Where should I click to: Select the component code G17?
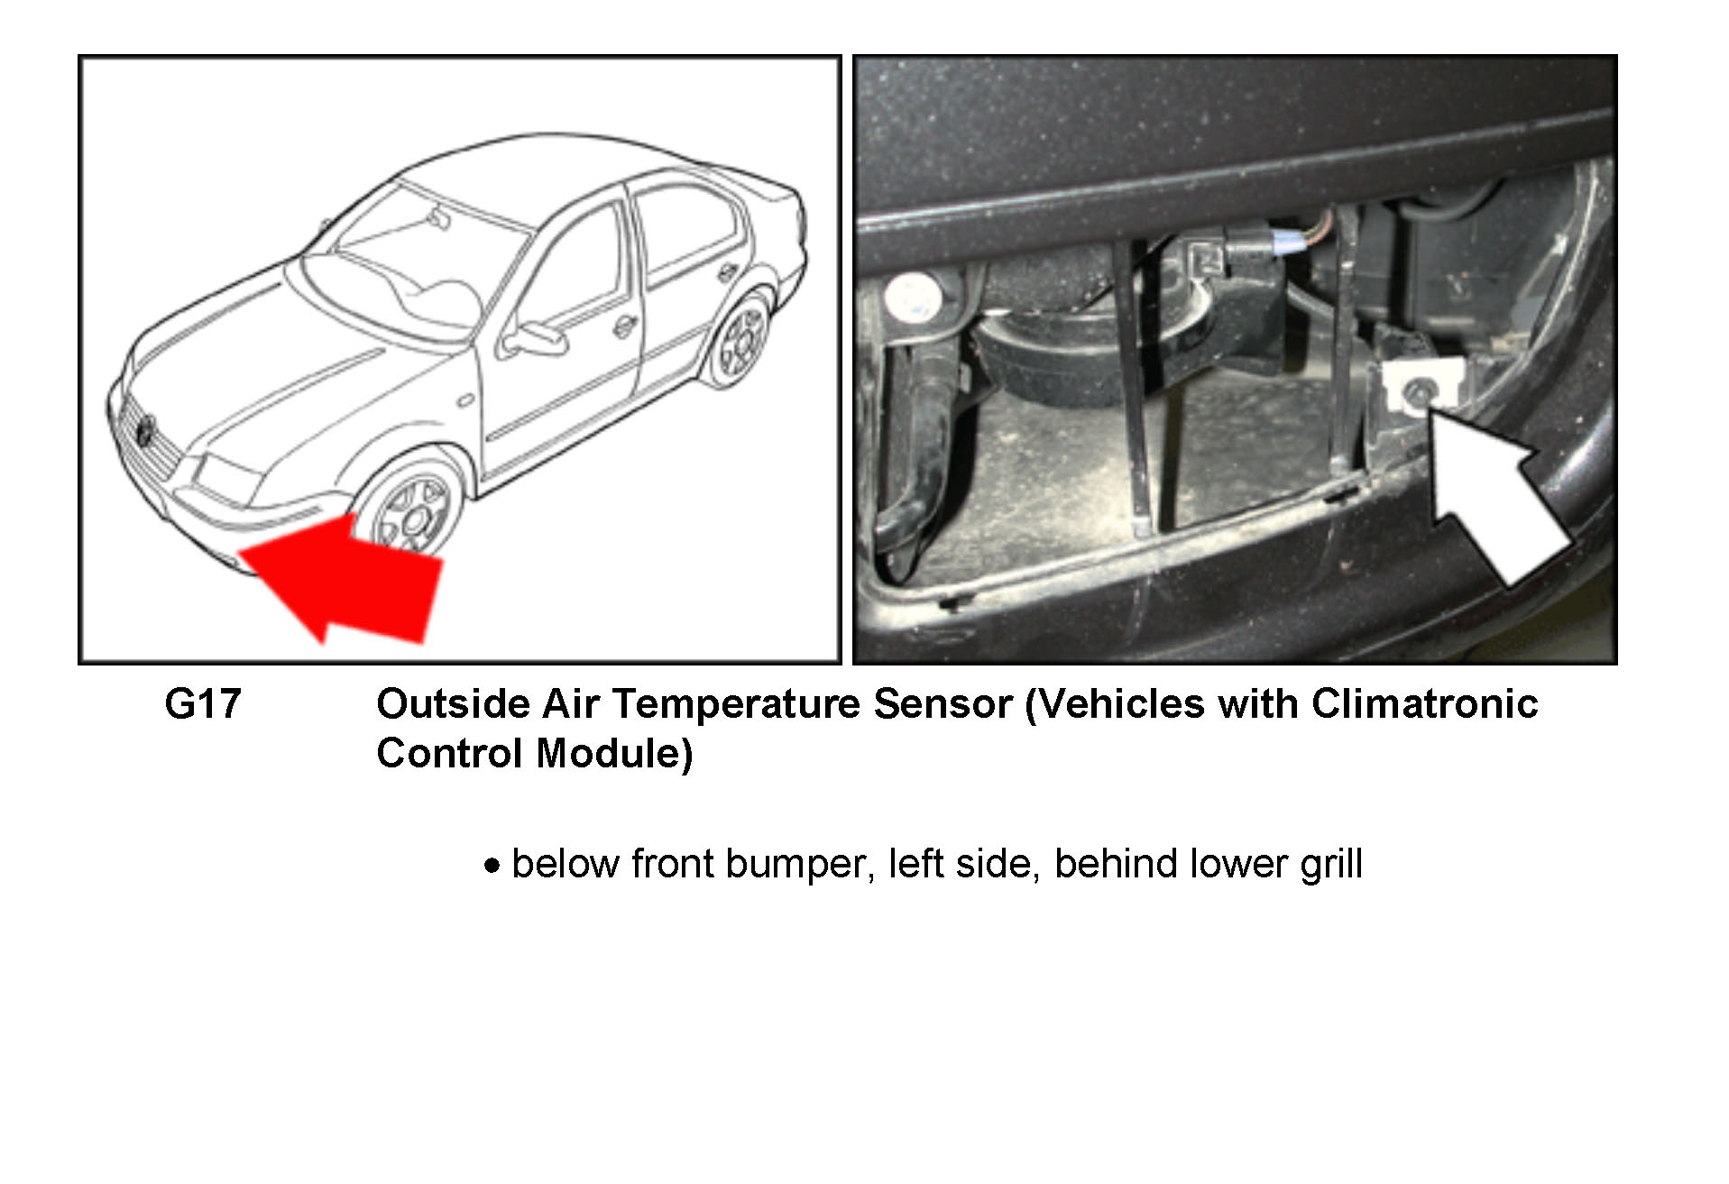coord(203,704)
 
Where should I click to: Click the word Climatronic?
coord(1424,704)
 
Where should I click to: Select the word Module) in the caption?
coord(613,754)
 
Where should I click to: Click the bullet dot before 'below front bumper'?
coord(492,867)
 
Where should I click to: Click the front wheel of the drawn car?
coord(412,512)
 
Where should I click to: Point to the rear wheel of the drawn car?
coord(740,342)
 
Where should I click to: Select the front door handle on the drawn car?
coord(622,326)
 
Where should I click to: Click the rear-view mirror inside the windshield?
coord(439,218)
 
